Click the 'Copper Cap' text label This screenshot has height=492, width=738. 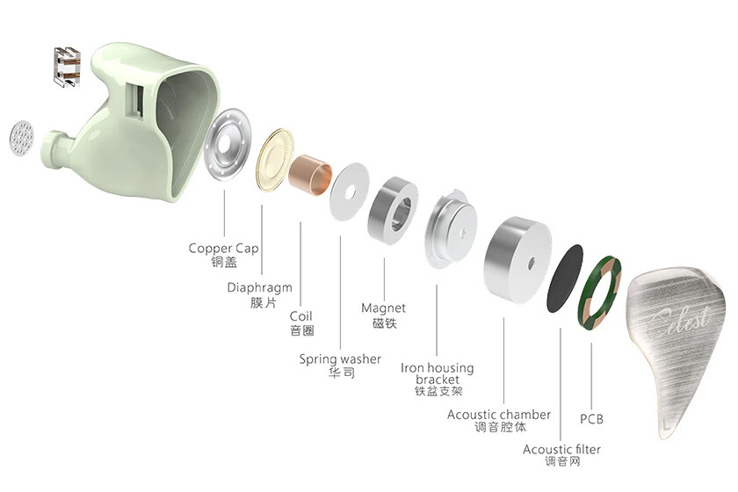[x=223, y=248]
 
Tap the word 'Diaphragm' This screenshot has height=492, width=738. [x=260, y=287]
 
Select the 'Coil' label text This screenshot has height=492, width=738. [x=300, y=316]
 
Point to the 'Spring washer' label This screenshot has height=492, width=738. [x=340, y=359]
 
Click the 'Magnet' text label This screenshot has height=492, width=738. [x=383, y=307]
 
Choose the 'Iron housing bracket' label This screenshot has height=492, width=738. [x=438, y=373]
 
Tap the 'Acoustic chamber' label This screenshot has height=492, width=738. [x=499, y=415]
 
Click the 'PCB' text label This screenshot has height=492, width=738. [x=591, y=419]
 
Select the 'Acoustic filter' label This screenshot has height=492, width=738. [x=562, y=450]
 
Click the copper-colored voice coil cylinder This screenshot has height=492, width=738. [x=310, y=174]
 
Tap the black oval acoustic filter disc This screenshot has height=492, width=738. [x=565, y=279]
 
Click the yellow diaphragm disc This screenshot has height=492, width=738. [x=274, y=160]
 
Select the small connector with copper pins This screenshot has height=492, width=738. [x=67, y=67]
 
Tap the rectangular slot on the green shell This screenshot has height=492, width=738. [x=137, y=100]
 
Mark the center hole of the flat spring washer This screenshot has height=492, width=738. [x=350, y=192]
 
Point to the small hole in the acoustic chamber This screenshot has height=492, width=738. [x=532, y=263]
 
